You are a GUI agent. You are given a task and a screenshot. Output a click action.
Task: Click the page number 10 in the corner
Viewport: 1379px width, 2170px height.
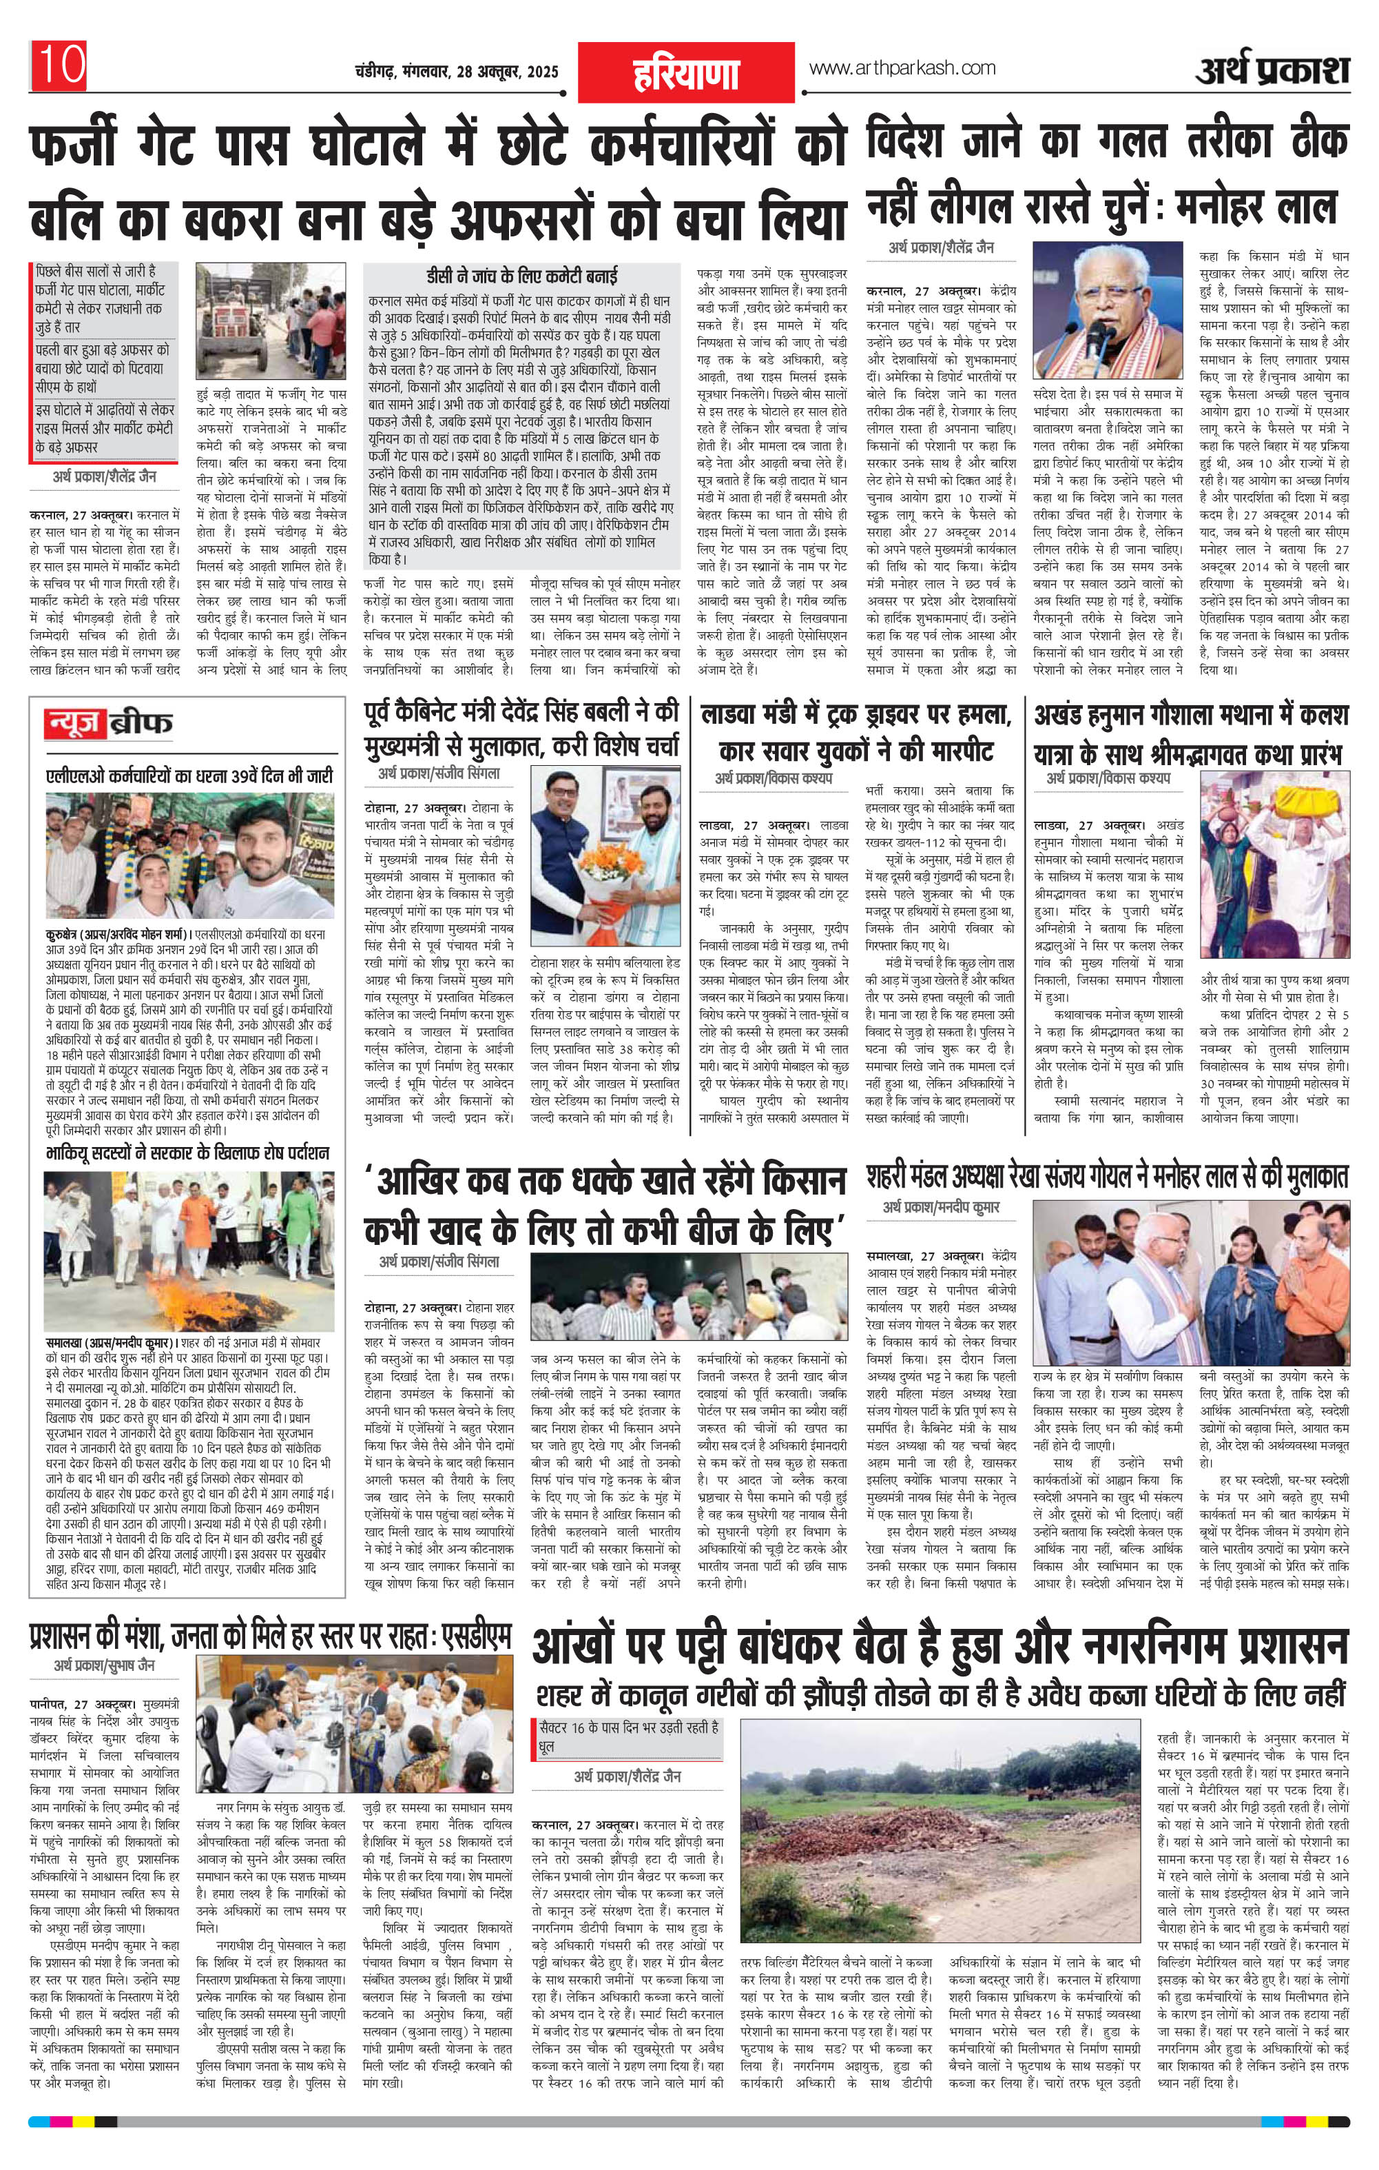click(x=59, y=65)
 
